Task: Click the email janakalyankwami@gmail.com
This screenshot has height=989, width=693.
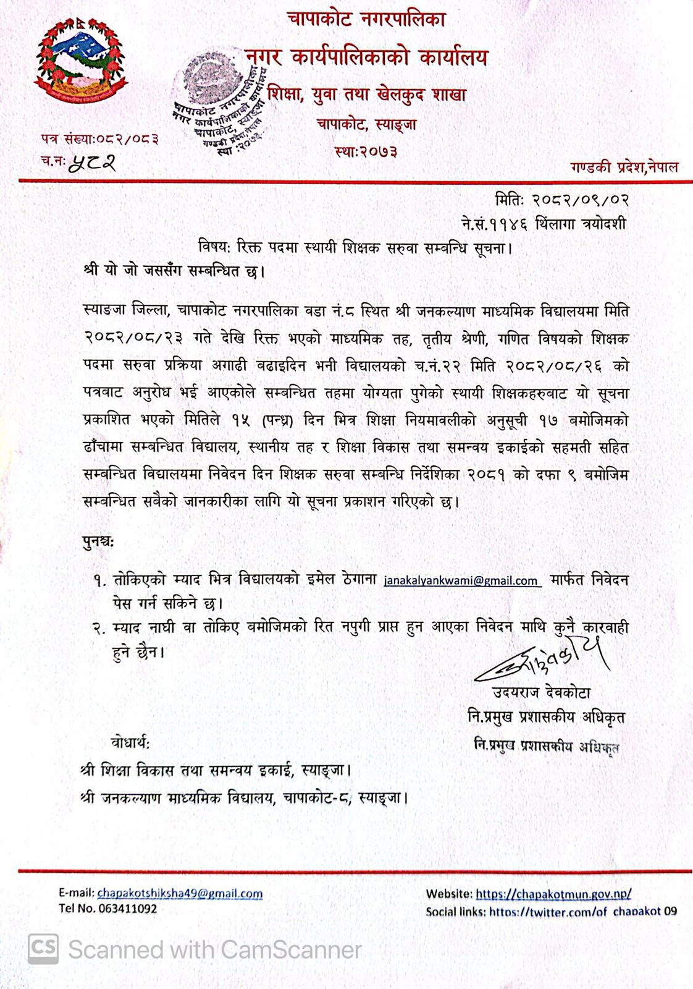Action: point(462,581)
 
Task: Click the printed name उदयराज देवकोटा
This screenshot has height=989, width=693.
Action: point(541,693)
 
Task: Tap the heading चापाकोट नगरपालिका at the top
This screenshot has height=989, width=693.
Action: point(366,20)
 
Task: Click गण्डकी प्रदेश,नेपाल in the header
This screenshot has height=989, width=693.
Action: point(624,167)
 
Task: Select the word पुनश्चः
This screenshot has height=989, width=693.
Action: point(98,541)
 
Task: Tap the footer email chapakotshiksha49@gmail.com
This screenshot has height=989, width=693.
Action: point(180,893)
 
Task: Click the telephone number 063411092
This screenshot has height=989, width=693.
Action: point(127,908)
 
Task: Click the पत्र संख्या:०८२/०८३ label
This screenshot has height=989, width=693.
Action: point(99,139)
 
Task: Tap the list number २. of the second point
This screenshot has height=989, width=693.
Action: point(99,627)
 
